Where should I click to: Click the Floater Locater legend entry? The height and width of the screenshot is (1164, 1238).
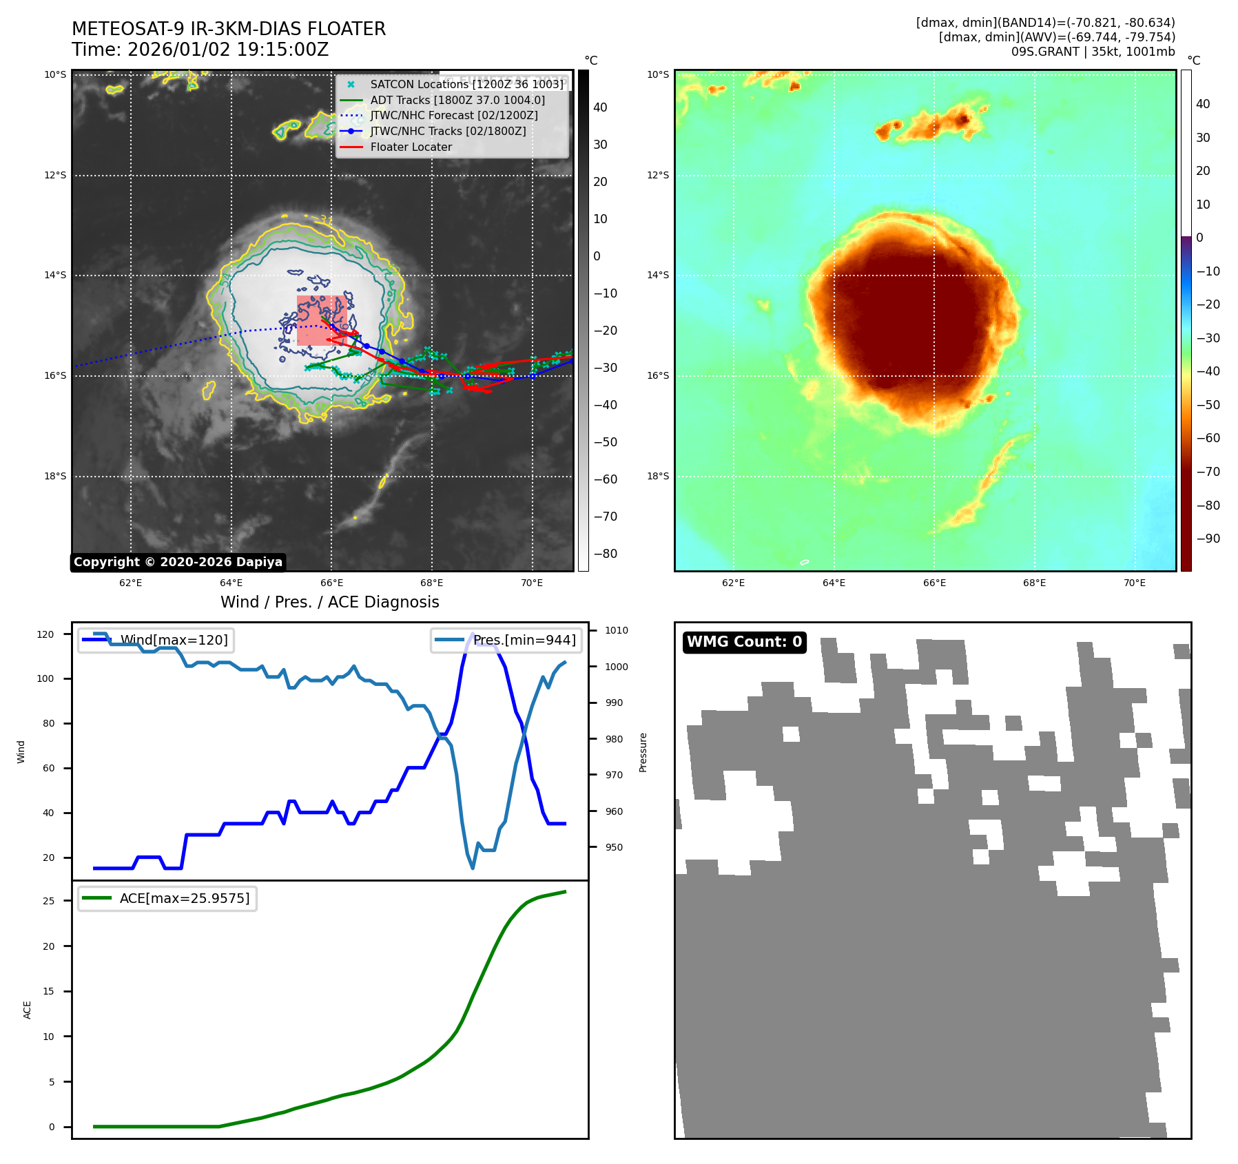[411, 147]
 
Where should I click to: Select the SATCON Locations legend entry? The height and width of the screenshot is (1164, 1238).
[466, 84]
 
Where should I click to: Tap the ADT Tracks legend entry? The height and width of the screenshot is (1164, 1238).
[457, 100]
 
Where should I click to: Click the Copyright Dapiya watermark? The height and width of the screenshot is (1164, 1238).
[178, 562]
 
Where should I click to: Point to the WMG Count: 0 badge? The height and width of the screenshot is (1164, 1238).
[744, 642]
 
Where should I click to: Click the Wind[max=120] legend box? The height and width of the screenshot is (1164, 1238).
[156, 640]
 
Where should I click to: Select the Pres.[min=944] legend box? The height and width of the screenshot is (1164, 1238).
[506, 640]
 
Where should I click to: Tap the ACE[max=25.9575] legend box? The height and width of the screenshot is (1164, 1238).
[167, 898]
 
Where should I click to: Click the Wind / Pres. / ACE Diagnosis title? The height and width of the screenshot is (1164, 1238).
[329, 602]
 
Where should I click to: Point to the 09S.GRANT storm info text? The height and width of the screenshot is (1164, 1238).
[1093, 52]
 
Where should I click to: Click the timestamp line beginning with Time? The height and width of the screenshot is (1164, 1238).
[200, 50]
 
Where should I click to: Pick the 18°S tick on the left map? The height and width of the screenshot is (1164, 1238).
[56, 476]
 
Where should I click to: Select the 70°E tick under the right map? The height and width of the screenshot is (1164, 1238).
[1134, 583]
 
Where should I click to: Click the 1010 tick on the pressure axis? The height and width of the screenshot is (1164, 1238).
[617, 630]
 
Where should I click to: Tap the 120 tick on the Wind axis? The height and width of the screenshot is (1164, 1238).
[45, 634]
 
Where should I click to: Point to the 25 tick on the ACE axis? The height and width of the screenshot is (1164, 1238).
[48, 901]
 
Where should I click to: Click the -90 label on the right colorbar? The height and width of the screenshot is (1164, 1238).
[1208, 539]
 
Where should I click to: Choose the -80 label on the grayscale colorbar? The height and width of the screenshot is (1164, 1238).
[606, 554]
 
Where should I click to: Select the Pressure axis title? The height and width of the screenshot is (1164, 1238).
[643, 752]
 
